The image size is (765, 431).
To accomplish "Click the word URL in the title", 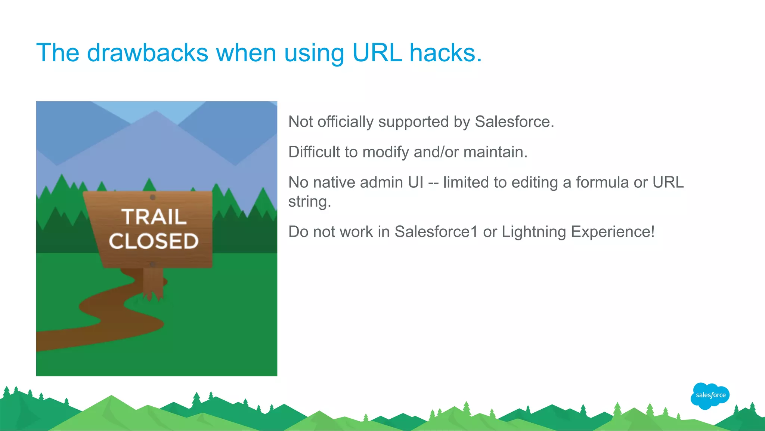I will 377,53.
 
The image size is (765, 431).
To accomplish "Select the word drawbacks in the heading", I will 147,53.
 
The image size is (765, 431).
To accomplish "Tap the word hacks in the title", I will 445,53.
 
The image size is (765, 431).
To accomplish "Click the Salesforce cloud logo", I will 710,395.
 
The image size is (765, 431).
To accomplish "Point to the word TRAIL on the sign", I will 154,217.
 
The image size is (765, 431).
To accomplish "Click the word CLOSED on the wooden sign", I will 154,241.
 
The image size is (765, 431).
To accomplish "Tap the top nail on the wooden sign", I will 152,197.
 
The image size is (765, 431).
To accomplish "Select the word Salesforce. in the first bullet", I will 514,122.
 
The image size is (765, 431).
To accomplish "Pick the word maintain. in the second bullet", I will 495,152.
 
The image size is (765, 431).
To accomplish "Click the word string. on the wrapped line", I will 310,202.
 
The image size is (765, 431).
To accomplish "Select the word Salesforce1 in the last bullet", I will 436,232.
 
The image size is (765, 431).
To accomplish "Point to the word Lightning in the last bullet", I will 534,232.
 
